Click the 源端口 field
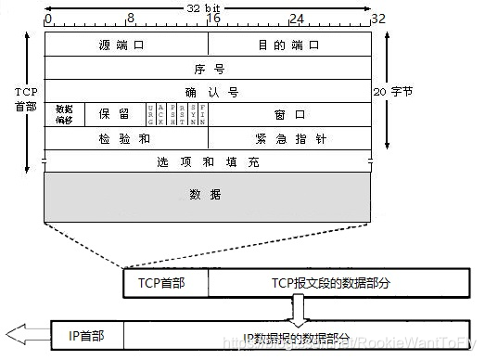click(126, 45)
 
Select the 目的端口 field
click(288, 45)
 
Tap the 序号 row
click(208, 68)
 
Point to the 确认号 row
click(208, 91)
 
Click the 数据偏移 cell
click(64, 114)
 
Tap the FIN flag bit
click(202, 114)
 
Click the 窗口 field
click(288, 114)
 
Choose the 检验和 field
click(126, 137)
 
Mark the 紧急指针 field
click(288, 137)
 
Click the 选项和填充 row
click(208, 161)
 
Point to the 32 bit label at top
click(208, 6)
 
